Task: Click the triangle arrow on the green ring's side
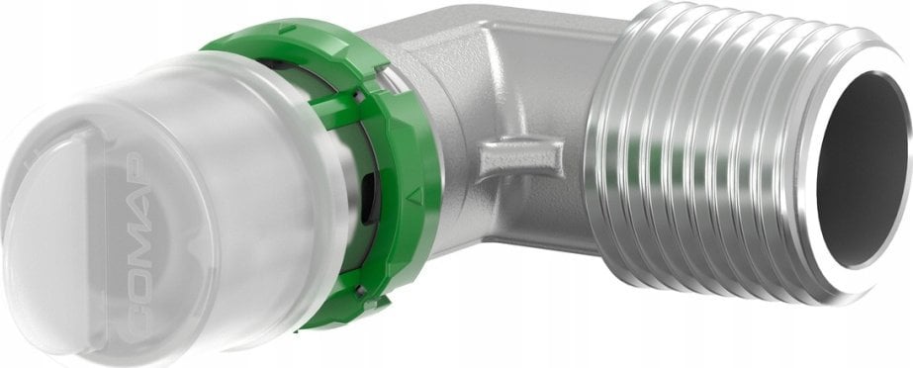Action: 414,196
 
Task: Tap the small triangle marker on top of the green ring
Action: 287,28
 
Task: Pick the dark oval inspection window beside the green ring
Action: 368,199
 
